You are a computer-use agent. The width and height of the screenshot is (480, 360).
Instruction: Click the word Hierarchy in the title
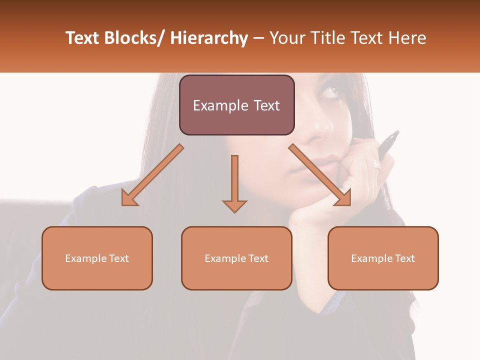pos(209,38)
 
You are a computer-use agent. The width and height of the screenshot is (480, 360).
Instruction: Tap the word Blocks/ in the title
pos(133,38)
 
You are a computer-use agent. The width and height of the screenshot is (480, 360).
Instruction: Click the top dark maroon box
pos(236,105)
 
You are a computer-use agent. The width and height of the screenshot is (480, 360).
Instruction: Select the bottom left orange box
pos(97,258)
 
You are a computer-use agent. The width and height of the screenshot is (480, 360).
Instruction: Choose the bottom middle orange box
pos(236,258)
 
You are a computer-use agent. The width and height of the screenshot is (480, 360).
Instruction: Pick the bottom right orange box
pos(383,258)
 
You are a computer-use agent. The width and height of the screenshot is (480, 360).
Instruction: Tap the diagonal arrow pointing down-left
pos(152,175)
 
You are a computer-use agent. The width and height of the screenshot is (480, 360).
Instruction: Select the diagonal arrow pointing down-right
pos(320,175)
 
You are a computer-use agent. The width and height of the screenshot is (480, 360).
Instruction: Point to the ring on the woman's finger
pos(377,164)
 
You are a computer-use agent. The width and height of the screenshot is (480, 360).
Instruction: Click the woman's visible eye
pos(329,92)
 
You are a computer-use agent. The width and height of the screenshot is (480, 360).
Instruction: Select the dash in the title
pos(258,38)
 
